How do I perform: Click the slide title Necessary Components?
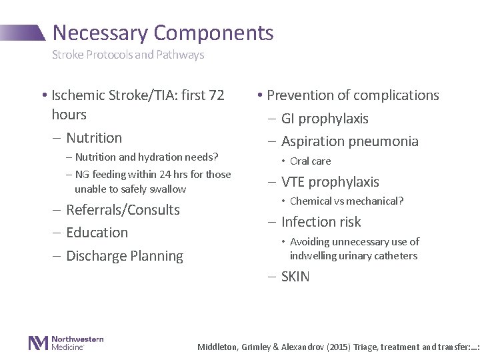(x=163, y=32)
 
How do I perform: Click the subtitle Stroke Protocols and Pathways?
(x=128, y=55)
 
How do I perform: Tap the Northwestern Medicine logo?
(x=66, y=343)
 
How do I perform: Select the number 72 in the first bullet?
(x=217, y=95)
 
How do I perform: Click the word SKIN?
(x=295, y=276)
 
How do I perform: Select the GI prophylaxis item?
(x=324, y=119)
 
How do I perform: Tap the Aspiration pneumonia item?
(x=349, y=141)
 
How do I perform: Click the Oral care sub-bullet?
(x=310, y=161)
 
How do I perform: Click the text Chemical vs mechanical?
(x=347, y=201)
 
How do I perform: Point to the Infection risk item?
(x=321, y=221)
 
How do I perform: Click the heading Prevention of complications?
(x=349, y=95)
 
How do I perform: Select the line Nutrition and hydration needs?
(x=147, y=157)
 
